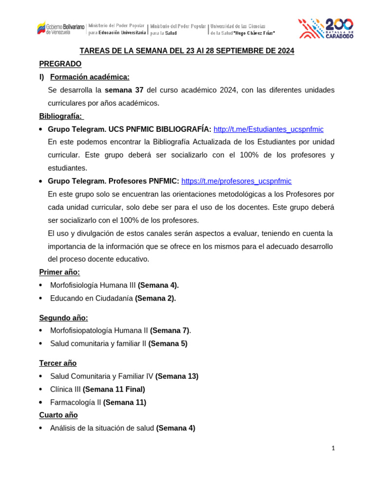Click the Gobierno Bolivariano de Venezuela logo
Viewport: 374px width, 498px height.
[x=60, y=28]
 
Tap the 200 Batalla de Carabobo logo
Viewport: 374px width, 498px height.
[x=325, y=28]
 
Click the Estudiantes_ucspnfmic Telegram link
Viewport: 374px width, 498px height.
[x=268, y=129]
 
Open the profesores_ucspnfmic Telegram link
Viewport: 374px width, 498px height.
[x=236, y=181]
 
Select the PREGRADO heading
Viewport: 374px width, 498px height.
[x=60, y=64]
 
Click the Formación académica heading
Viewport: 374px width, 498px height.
[x=90, y=77]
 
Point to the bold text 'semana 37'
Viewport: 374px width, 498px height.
[x=124, y=90]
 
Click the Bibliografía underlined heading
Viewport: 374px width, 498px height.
[x=61, y=116]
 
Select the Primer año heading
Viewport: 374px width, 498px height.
[x=59, y=272]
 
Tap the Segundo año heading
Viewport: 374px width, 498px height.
[x=63, y=318]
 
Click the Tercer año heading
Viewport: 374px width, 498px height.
[x=58, y=363]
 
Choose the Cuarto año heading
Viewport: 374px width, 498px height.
[x=58, y=415]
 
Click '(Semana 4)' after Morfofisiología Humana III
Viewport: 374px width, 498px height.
[x=158, y=285]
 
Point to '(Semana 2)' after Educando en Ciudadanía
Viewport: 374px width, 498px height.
[x=155, y=298]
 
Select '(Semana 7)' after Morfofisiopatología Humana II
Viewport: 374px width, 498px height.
[x=169, y=330]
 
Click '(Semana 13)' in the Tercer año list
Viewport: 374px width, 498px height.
[x=177, y=376]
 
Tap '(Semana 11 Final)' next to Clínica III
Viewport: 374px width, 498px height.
[x=114, y=389]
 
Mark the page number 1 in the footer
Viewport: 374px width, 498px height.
[x=333, y=448]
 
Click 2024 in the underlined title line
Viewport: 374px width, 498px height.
[x=284, y=51]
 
